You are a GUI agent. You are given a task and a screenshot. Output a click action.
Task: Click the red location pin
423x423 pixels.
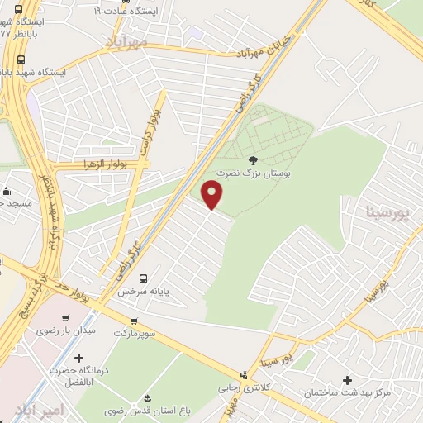[213, 194]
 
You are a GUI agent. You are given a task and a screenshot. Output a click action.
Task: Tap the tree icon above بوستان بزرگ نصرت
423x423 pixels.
[253, 161]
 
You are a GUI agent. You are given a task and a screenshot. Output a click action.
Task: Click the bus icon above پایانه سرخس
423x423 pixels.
[144, 278]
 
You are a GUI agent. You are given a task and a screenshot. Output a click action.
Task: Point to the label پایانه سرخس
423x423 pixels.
[137, 292]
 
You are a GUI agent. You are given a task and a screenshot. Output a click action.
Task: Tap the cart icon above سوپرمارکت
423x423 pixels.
[134, 321]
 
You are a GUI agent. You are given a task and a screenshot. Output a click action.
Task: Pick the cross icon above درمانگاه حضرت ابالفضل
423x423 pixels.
[78, 358]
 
